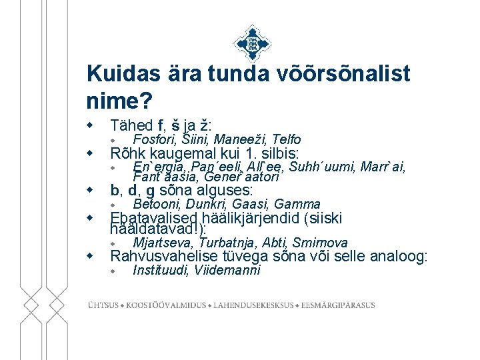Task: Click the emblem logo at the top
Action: pos(251,44)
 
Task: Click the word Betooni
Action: pos(157,204)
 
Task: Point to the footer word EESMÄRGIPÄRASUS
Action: pos(339,305)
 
